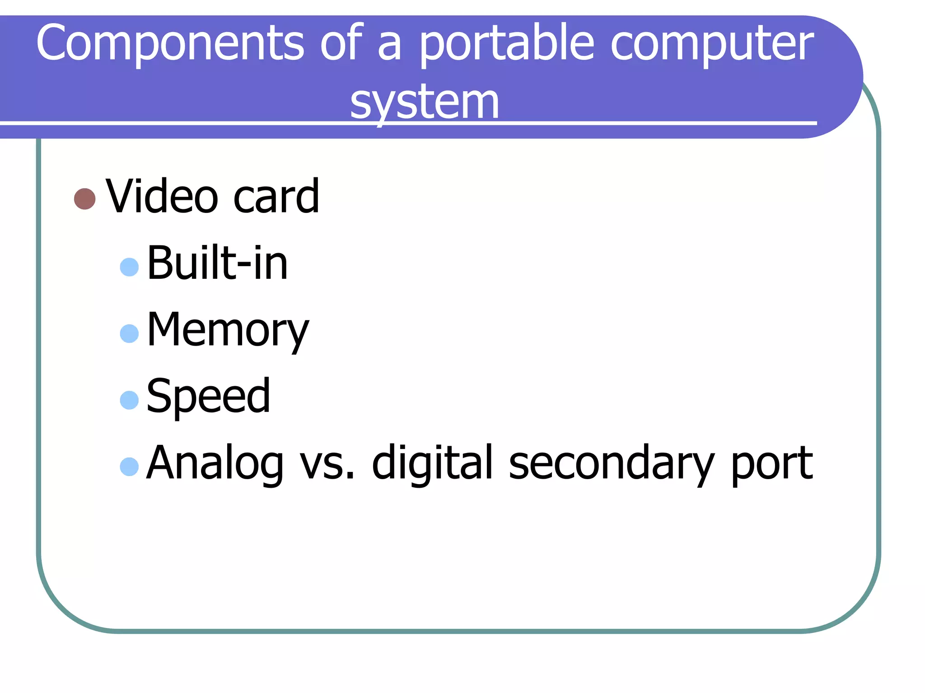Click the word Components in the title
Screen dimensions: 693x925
[x=170, y=43]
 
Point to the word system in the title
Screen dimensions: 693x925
[x=425, y=102]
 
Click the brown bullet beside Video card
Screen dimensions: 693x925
[x=84, y=199]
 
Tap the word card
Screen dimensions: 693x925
[x=276, y=196]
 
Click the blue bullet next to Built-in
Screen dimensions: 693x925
[x=129, y=267]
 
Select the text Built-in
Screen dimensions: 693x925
[x=217, y=263]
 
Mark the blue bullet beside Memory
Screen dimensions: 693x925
[x=129, y=334]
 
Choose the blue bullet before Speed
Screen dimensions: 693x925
[x=129, y=400]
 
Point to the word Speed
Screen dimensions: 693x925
[x=209, y=397]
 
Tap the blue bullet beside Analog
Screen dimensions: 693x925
[x=129, y=467]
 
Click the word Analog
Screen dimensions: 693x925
[x=215, y=463]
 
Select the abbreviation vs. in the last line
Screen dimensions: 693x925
[x=328, y=463]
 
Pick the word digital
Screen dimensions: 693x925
[x=432, y=463]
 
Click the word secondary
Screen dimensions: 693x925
[x=611, y=463]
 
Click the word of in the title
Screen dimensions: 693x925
[x=341, y=43]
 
